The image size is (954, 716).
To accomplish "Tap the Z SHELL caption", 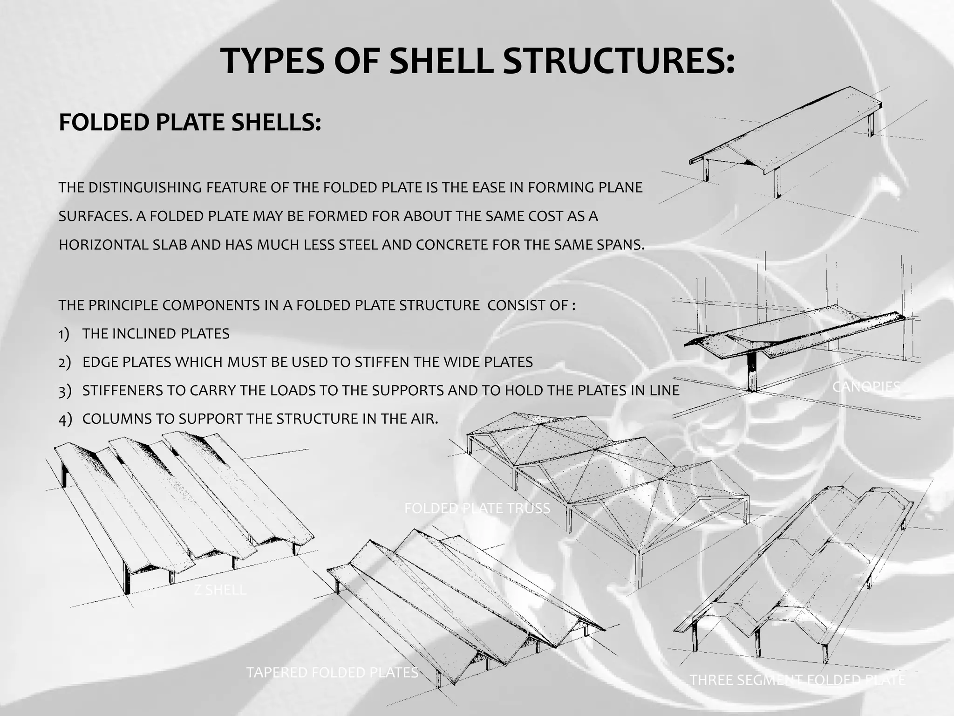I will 220,590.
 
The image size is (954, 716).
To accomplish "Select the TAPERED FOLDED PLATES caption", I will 332,672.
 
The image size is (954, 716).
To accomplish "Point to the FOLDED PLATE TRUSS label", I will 477,508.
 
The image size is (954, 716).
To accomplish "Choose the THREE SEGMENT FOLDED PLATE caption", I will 797,680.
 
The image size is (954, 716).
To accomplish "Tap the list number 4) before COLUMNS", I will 65,419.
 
